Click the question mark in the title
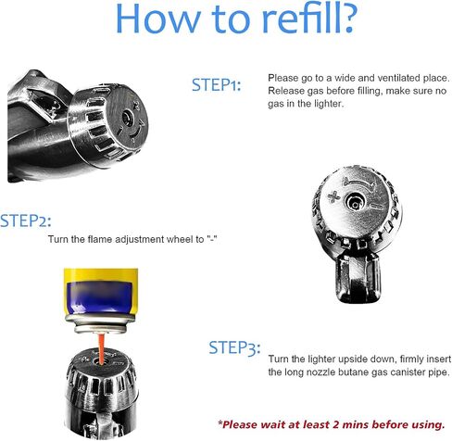click(345, 19)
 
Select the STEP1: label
click(216, 85)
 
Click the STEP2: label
click(26, 220)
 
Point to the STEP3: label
click(234, 347)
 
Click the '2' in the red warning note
click(335, 424)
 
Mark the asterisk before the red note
click(220, 422)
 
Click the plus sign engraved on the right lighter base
click(333, 196)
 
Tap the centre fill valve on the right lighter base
click(355, 202)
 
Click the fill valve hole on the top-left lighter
click(127, 118)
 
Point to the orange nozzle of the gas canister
click(101, 347)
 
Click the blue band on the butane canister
click(100, 297)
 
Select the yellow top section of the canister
click(101, 274)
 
